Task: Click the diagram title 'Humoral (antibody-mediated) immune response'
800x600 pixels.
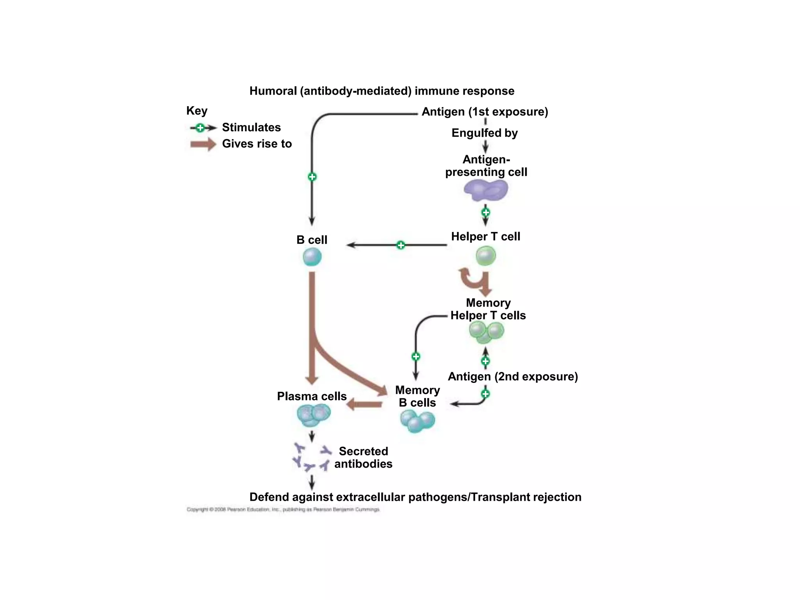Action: pos(382,91)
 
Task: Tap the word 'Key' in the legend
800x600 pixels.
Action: pos(196,111)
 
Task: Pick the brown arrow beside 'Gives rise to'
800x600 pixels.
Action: pos(203,144)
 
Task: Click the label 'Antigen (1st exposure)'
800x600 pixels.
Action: pos(485,112)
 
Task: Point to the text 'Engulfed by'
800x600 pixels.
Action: pos(484,133)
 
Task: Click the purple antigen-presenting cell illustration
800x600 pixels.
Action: pos(486,190)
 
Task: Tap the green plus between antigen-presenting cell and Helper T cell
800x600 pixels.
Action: pos(486,212)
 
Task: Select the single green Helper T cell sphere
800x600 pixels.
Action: pos(486,256)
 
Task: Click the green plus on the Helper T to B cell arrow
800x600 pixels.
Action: pos(401,245)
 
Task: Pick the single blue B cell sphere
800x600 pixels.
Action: pos(312,257)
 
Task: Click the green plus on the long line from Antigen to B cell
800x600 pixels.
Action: pos(312,177)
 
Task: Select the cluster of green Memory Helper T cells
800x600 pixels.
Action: pos(486,332)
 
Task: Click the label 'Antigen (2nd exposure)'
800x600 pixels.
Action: pos(512,377)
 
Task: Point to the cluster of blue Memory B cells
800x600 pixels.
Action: pos(417,421)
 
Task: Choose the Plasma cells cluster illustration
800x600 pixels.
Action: pos(313,414)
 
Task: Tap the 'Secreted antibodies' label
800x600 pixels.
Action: pos(363,457)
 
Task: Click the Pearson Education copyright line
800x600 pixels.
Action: pos(283,509)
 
